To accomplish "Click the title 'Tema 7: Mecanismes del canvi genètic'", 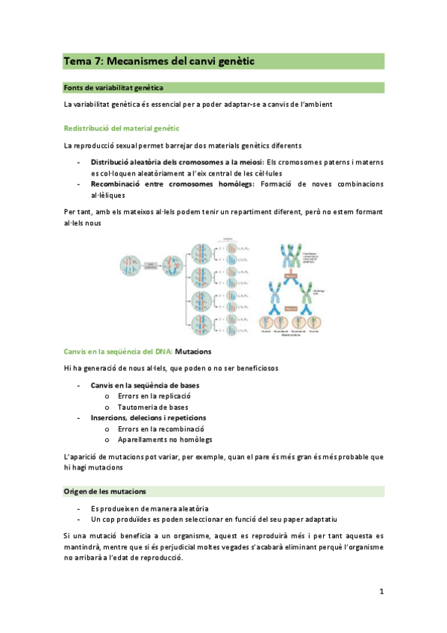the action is pos(158,62).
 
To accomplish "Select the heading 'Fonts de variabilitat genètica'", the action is pos(113,88).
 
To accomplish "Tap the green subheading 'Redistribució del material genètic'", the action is pos(121,128).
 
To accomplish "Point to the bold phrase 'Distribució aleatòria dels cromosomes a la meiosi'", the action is pos(177,162).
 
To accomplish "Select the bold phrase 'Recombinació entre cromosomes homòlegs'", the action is pos(172,184).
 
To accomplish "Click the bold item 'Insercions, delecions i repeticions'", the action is pos(149,418).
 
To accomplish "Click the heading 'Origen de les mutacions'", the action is pos(104,491).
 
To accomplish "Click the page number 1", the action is pos(381,592).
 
